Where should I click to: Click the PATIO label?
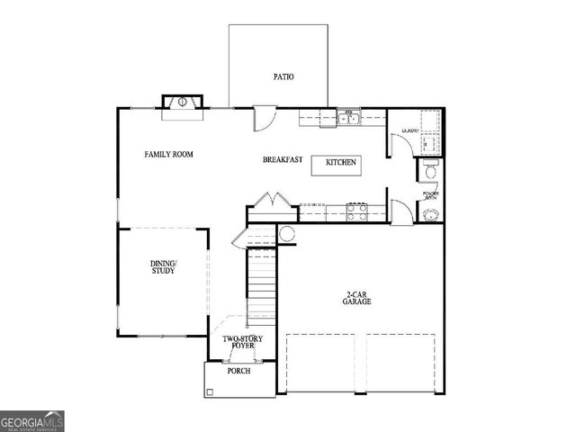tap(283, 77)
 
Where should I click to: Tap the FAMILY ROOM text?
tap(169, 155)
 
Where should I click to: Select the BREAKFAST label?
tap(282, 160)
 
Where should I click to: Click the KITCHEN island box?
tap(336, 164)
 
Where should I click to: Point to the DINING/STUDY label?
tap(163, 267)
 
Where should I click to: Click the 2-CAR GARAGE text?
tap(357, 299)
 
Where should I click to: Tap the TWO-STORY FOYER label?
tap(238, 343)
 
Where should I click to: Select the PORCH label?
tap(238, 371)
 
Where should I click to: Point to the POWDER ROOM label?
tap(430, 194)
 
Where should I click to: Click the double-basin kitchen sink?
tap(348, 118)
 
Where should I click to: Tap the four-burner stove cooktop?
tap(357, 213)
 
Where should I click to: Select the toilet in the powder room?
tap(431, 171)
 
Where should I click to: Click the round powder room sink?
tap(431, 215)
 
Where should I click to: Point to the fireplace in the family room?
tap(183, 104)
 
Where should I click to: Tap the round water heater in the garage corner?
tap(287, 234)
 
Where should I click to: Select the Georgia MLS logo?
tap(32, 420)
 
